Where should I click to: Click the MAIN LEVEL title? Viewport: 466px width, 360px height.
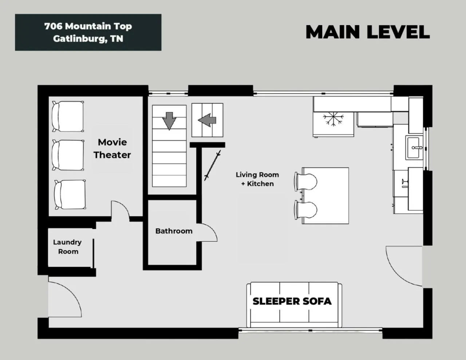(368, 32)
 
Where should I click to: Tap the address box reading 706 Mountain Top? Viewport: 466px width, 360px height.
(88, 32)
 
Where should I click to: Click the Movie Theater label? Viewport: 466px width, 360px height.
(112, 149)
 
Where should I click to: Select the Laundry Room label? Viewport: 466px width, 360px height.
(68, 247)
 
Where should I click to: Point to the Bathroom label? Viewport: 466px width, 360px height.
(174, 231)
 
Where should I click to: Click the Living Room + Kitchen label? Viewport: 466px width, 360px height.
(257, 179)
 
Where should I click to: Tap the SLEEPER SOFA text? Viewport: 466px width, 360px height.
(292, 301)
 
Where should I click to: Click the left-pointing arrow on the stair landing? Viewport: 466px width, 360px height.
(207, 120)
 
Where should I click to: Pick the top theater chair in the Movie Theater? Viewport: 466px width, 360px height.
(68, 116)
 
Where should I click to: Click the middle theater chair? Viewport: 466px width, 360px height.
(68, 155)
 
